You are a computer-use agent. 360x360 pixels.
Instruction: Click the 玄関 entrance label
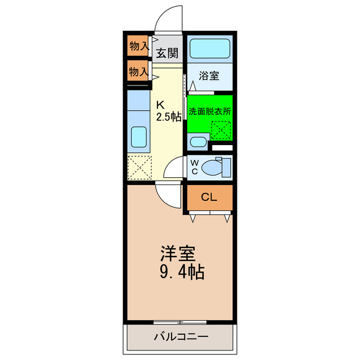pyautogui.click(x=167, y=53)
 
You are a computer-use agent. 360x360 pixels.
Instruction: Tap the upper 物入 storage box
pyautogui.click(x=138, y=47)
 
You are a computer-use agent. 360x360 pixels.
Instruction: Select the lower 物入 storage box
pyautogui.click(x=138, y=72)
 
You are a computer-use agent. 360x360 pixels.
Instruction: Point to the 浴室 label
pyautogui.click(x=209, y=75)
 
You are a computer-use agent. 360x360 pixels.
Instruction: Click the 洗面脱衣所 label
pyautogui.click(x=210, y=111)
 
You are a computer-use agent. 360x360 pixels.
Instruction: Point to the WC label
pyautogui.click(x=195, y=167)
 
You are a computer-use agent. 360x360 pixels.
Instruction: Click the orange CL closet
pyautogui.click(x=209, y=197)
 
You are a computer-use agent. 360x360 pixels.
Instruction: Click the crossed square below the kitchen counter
pyautogui.click(x=138, y=167)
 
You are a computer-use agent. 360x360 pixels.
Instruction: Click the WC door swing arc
pyautogui.click(x=177, y=168)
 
